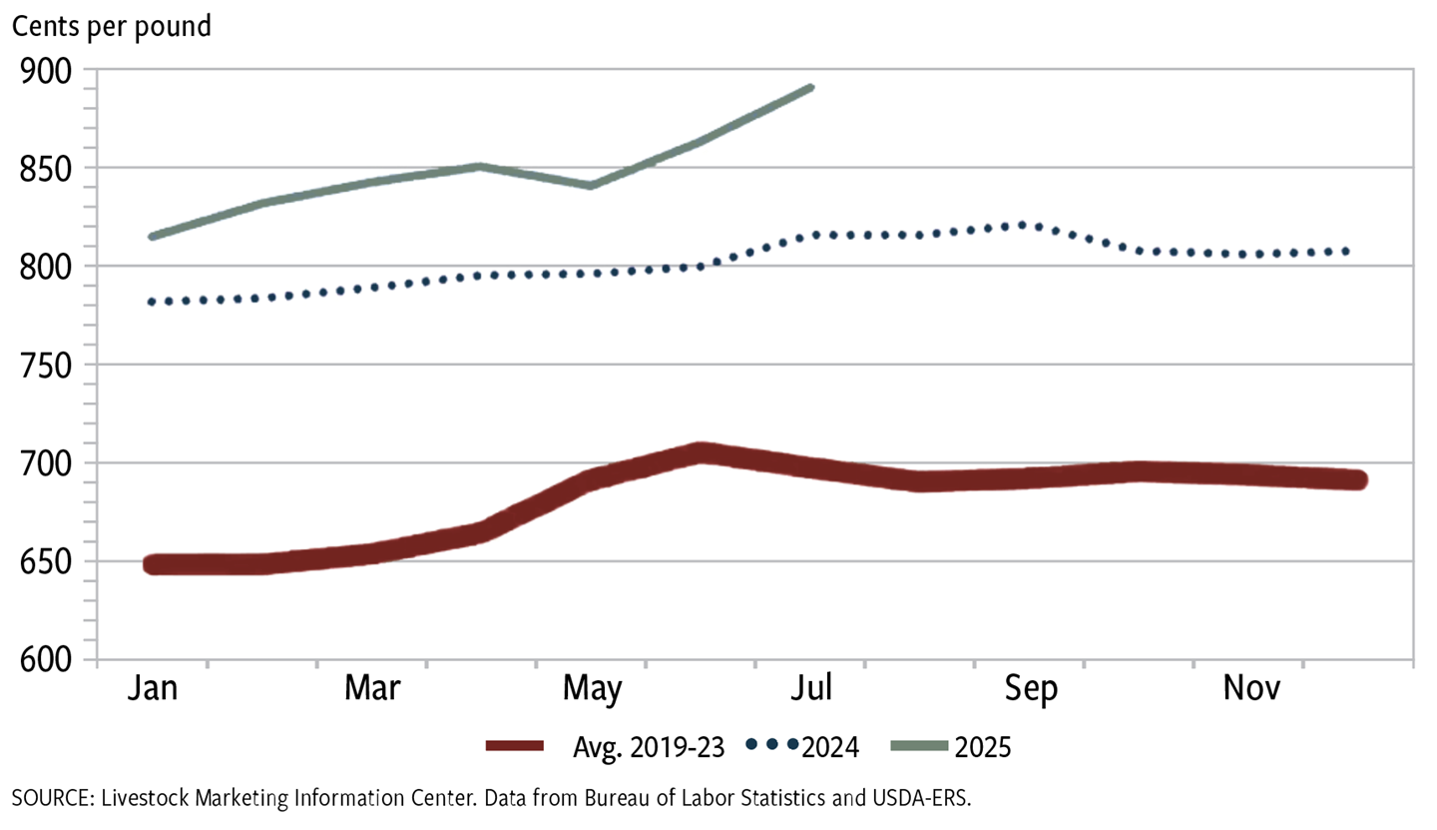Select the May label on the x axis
coord(592,690)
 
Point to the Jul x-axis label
coord(811,690)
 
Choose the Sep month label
coord(1032,690)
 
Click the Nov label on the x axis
coord(1251,690)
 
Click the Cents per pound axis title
coord(111,26)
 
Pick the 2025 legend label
coord(984,746)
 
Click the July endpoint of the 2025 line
coord(812,88)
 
